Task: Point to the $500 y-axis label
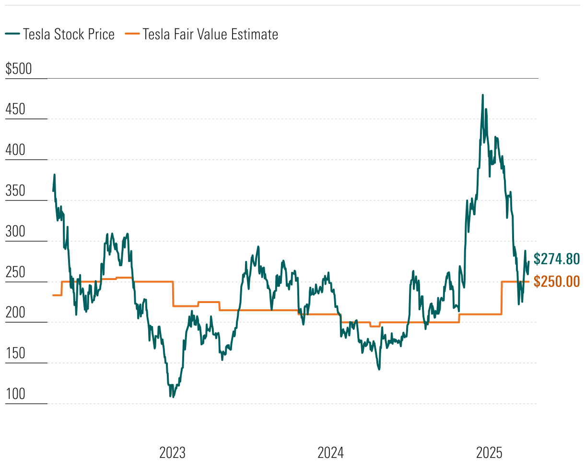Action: pos(19,69)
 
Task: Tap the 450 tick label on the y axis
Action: pos(15,109)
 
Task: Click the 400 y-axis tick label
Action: pos(15,150)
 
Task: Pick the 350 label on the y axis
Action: pos(15,191)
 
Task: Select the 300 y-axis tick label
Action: pos(15,232)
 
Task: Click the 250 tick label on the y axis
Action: pos(15,272)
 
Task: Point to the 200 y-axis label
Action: pos(15,313)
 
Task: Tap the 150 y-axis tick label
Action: pos(15,354)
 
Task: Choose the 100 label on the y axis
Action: pos(15,395)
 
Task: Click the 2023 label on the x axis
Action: pos(173,453)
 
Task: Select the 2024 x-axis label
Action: pos(331,453)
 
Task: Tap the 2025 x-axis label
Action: pos(489,453)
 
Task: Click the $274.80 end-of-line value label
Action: pos(557,259)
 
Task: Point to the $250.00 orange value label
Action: pos(557,281)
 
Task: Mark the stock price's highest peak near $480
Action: pos(482,95)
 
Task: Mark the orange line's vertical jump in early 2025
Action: pos(502,298)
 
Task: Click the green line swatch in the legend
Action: pos(12,34)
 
